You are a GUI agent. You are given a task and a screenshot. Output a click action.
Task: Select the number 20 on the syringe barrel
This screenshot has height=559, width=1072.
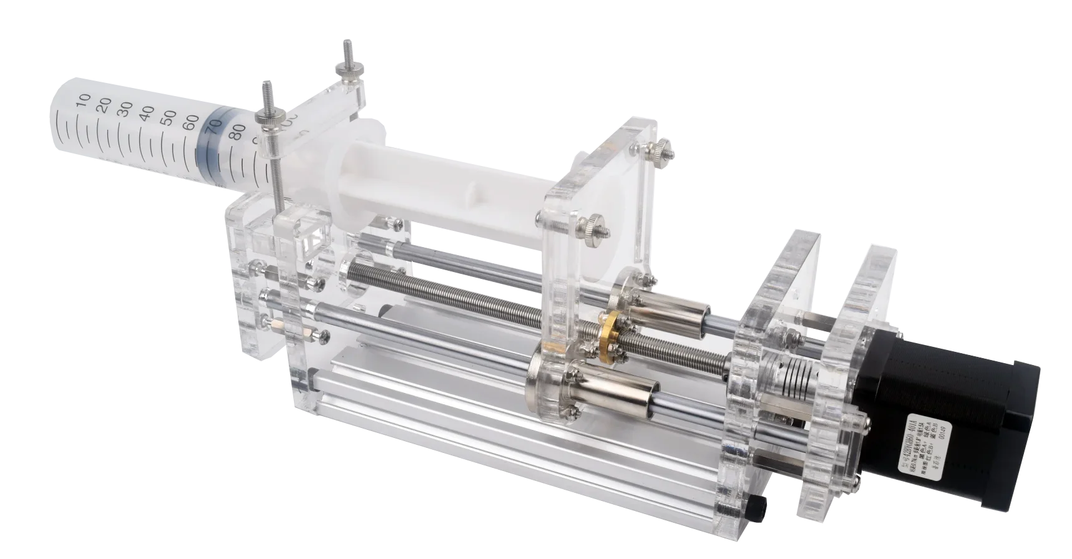coord(105,102)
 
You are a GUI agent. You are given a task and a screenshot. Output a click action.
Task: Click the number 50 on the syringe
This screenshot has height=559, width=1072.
coord(168,117)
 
